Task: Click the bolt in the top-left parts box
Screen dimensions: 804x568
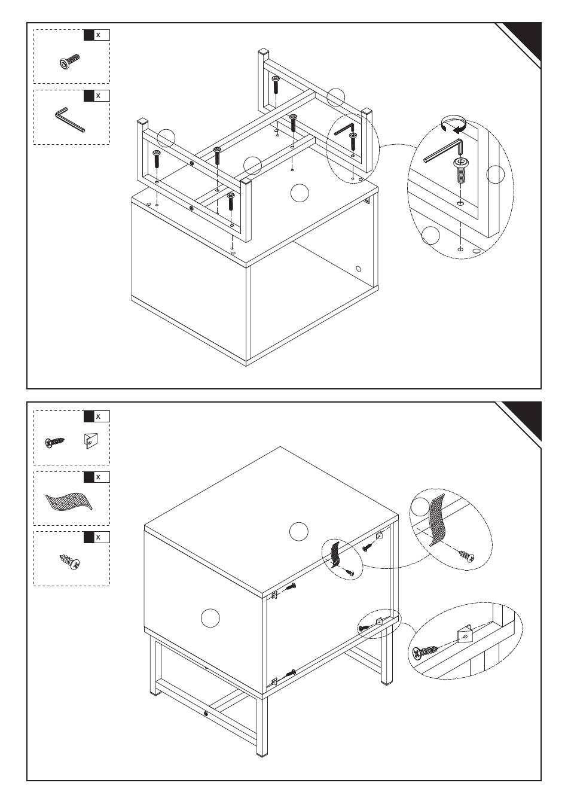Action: pyautogui.click(x=69, y=62)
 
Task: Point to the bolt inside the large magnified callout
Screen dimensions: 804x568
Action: pyautogui.click(x=460, y=170)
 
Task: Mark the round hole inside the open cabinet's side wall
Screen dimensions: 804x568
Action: pyautogui.click(x=359, y=269)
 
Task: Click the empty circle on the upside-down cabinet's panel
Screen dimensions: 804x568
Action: pyautogui.click(x=299, y=193)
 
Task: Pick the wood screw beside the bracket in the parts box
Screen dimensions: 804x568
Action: pyautogui.click(x=55, y=442)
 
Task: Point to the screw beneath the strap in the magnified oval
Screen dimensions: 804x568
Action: pyautogui.click(x=466, y=555)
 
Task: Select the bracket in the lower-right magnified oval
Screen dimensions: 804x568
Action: pyautogui.click(x=465, y=635)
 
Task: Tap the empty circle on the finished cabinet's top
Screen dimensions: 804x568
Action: pyautogui.click(x=298, y=530)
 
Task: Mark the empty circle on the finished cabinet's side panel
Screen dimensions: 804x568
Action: pyautogui.click(x=210, y=617)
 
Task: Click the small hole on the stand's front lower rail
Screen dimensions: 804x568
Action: pyautogui.click(x=205, y=714)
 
